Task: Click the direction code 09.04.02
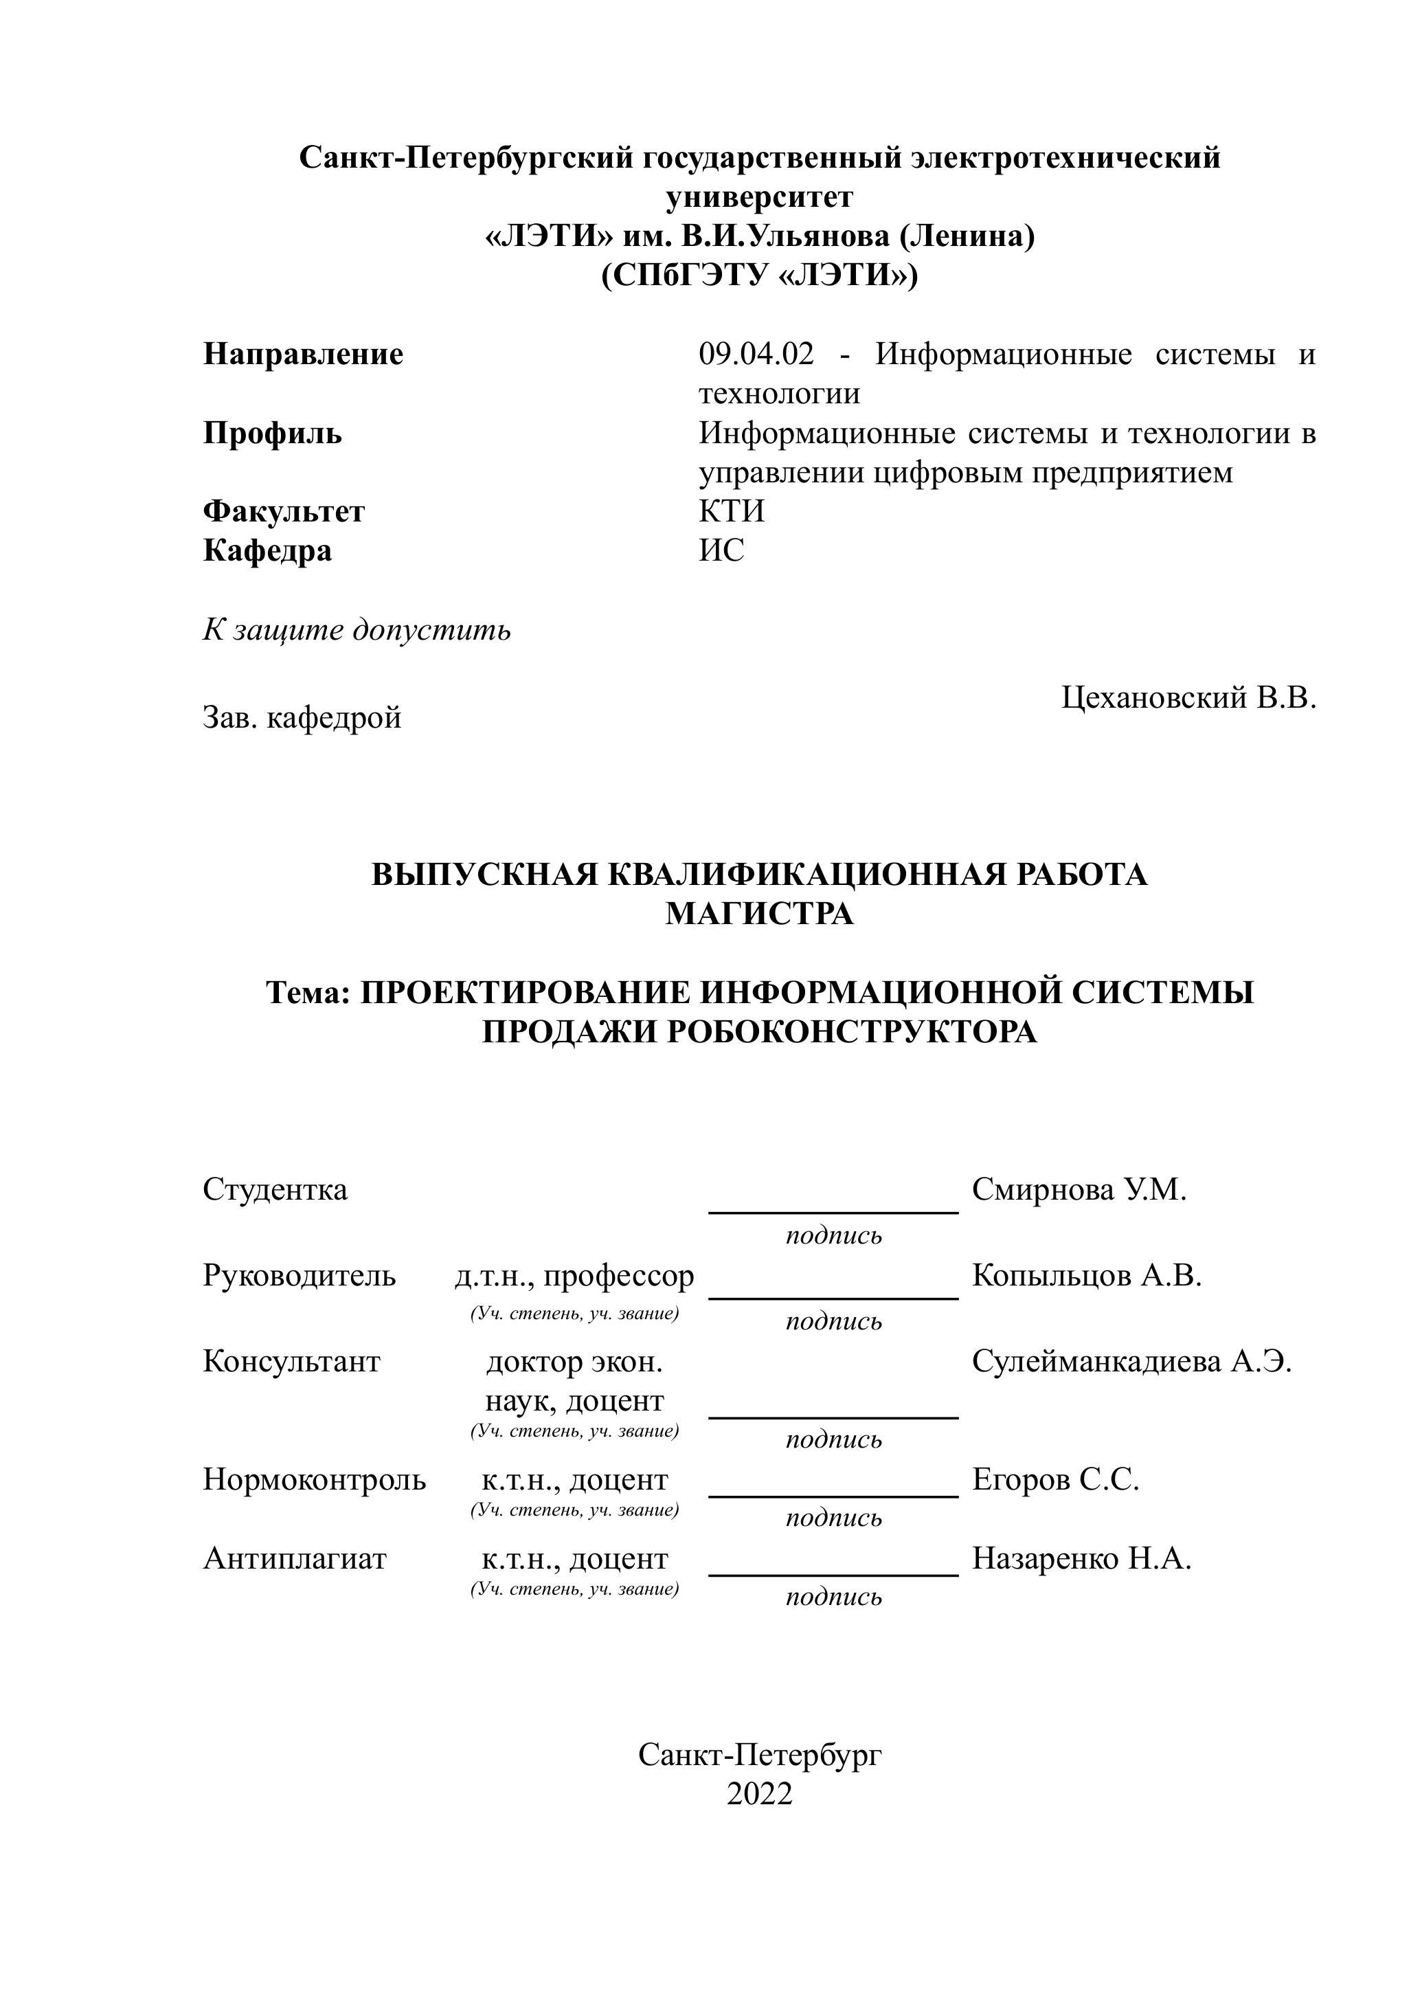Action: click(x=756, y=355)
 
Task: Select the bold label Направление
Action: click(x=303, y=355)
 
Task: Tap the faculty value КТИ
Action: click(x=731, y=511)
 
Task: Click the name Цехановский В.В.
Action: click(x=1188, y=698)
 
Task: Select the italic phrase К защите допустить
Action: click(x=357, y=629)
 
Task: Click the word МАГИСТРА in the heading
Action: click(x=759, y=914)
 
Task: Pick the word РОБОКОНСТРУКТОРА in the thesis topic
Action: click(x=851, y=1033)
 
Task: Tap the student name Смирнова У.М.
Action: click(x=1079, y=1190)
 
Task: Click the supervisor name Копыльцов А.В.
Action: click(x=1087, y=1276)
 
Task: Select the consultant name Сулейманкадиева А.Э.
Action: click(x=1131, y=1362)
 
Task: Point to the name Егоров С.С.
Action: click(x=1055, y=1480)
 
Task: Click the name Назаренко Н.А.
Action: click(x=1081, y=1559)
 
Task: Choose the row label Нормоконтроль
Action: click(x=315, y=1480)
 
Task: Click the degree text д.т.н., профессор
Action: click(x=574, y=1276)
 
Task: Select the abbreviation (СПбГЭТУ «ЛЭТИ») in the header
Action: click(x=759, y=276)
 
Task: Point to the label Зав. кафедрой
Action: click(x=302, y=717)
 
